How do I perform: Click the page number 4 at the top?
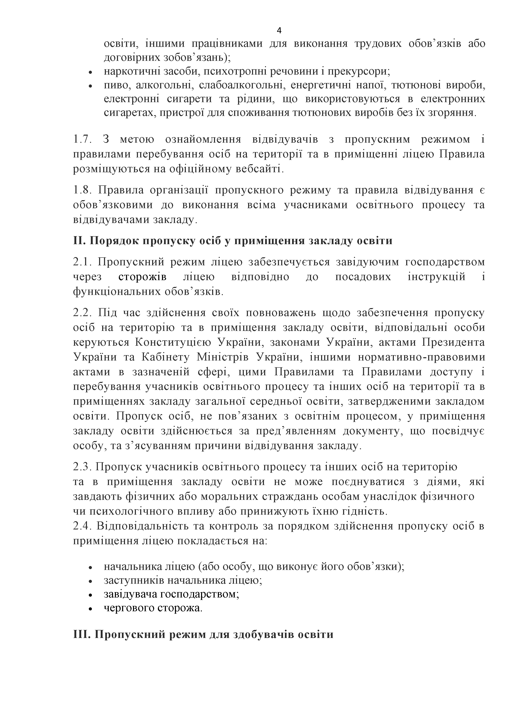pos(279,30)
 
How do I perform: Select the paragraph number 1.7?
pos(82,139)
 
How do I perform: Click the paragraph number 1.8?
pos(82,190)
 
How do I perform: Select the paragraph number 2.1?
pos(82,262)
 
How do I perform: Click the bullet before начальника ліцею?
pos(90,568)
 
